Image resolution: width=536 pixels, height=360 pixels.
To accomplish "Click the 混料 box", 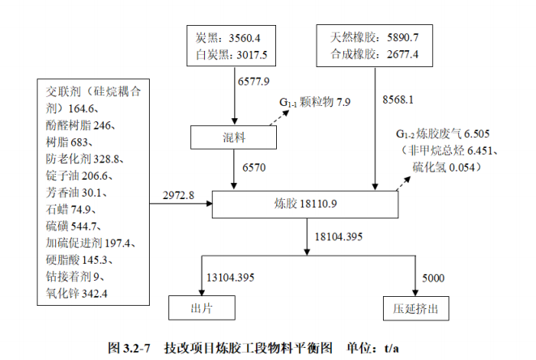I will click(x=234, y=138).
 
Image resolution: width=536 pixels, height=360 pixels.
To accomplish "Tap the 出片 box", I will click(x=202, y=307).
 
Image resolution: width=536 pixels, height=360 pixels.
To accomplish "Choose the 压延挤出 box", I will click(x=416, y=307).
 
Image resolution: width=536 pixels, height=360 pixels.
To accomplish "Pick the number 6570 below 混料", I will click(x=253, y=167).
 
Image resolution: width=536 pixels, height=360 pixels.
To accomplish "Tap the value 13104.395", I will click(x=231, y=277).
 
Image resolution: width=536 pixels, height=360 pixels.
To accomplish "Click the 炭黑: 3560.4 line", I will click(x=230, y=38).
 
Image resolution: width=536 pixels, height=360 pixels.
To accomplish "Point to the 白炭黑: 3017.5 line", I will click(x=230, y=54).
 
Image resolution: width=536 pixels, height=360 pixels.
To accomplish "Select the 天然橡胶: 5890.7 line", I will click(x=373, y=38).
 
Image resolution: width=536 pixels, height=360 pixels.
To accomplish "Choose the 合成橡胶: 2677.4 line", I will click(x=373, y=54).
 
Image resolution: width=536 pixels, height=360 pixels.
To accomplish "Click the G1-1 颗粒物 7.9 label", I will click(x=316, y=103).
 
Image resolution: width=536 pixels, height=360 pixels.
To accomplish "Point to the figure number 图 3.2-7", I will click(x=131, y=348).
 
